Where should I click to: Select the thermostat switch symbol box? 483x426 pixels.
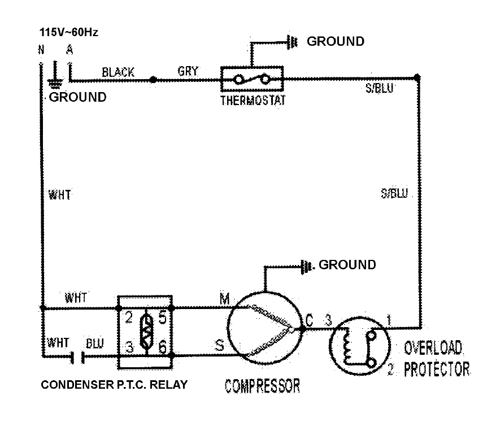[252, 80]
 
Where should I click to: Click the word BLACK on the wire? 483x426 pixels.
[118, 72]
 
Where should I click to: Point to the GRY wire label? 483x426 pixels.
[188, 72]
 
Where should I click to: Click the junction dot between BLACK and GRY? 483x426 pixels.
[153, 80]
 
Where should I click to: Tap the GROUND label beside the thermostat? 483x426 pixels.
[336, 41]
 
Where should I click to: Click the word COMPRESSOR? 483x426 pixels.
[263, 387]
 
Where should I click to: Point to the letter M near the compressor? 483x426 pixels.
[224, 299]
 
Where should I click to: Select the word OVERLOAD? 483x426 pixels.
[433, 346]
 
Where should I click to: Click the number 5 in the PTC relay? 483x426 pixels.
[162, 318]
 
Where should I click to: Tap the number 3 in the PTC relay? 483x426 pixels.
[129, 347]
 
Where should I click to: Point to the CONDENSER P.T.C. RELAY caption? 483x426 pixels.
[114, 385]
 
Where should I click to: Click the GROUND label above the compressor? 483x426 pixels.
[347, 264]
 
